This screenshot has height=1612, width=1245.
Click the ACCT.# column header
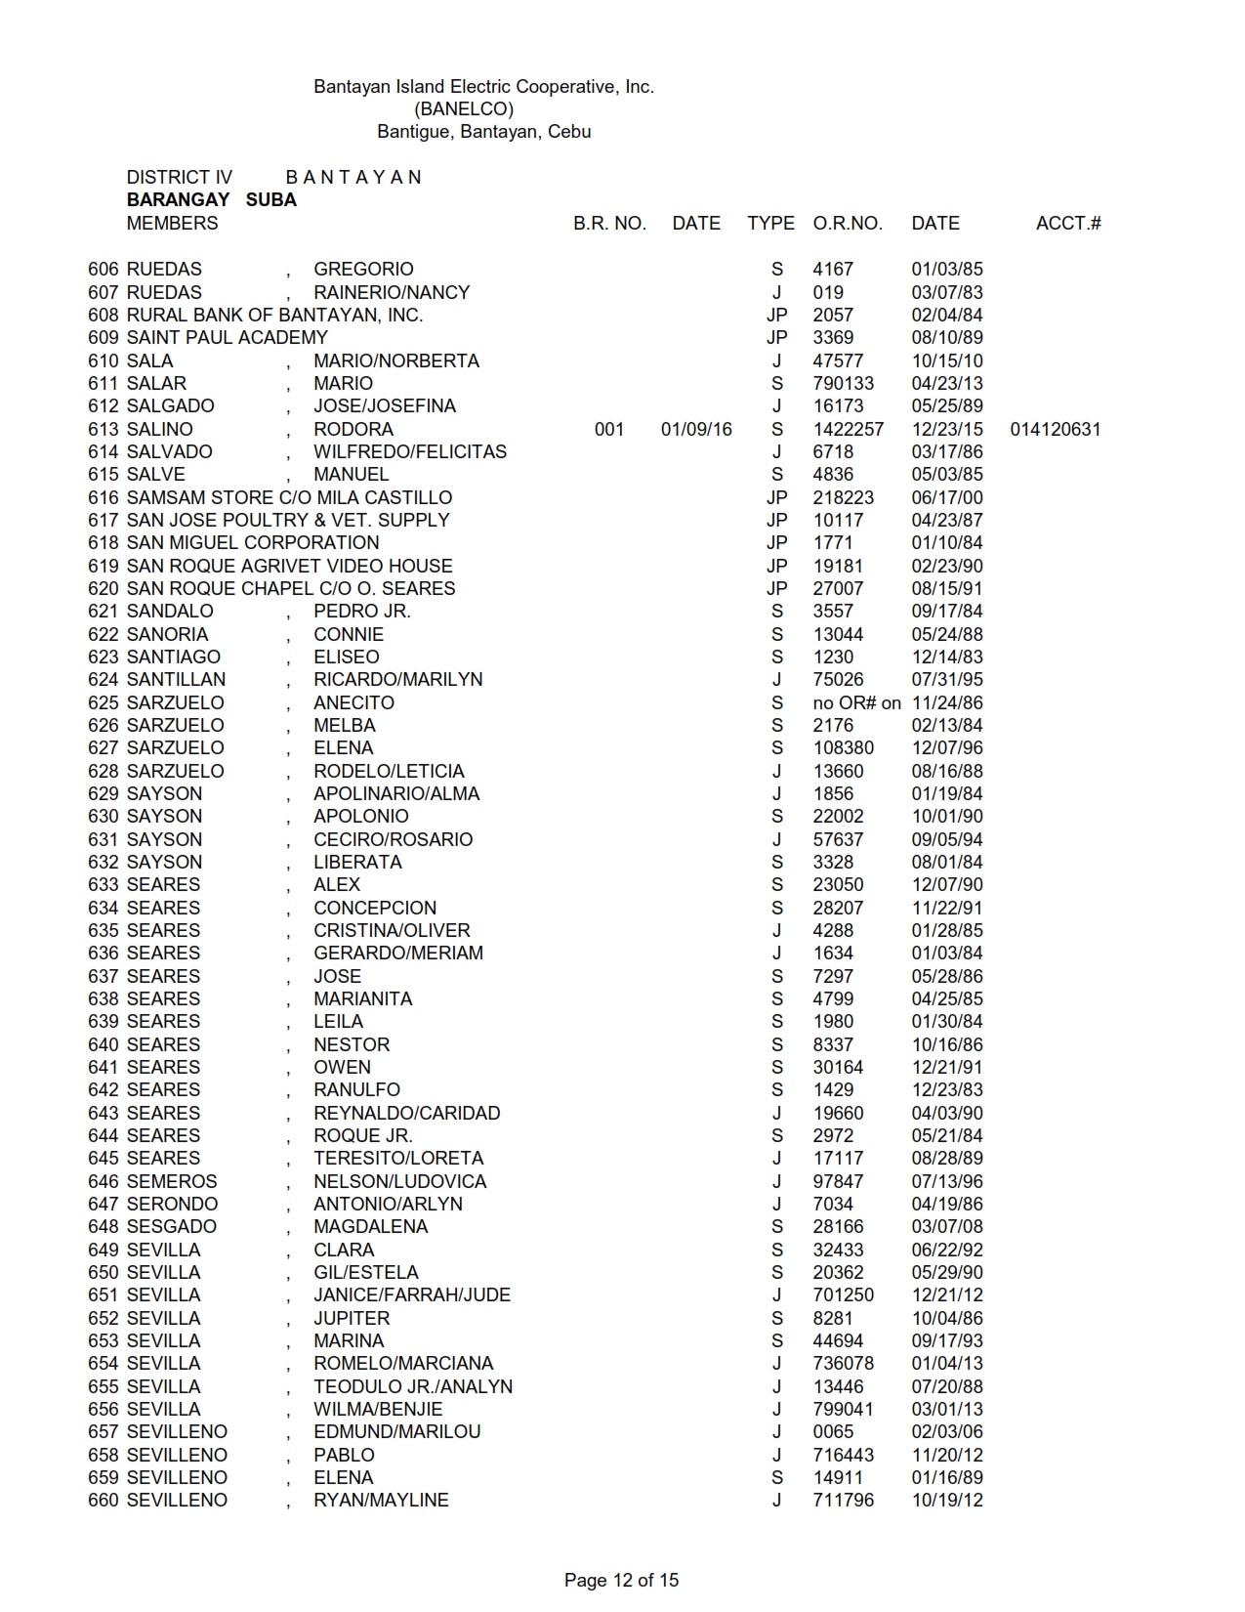point(1068,223)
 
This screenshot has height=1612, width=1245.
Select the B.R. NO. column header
point(609,223)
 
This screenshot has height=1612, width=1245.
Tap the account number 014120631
point(1056,429)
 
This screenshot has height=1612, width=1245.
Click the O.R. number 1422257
point(848,429)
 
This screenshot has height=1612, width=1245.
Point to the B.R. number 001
point(609,429)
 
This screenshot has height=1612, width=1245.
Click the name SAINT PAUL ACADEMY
point(228,338)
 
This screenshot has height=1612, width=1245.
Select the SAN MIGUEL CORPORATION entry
point(253,543)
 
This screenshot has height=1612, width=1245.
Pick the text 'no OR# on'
point(856,702)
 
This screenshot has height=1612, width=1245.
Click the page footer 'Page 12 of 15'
point(621,1580)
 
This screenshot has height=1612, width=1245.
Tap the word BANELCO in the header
point(464,108)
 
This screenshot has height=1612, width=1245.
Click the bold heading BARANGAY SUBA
point(212,199)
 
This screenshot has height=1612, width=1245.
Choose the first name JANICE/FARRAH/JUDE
point(412,1294)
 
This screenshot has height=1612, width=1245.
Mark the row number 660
point(104,1500)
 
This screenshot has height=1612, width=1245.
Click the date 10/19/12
point(947,1500)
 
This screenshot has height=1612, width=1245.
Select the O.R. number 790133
point(844,383)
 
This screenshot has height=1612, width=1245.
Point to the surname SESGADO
point(172,1226)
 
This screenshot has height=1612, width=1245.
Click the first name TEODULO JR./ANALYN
point(413,1386)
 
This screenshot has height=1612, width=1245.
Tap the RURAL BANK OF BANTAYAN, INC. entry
point(274,315)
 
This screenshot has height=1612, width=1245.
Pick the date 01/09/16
point(696,429)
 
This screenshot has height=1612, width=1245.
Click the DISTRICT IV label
point(180,177)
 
